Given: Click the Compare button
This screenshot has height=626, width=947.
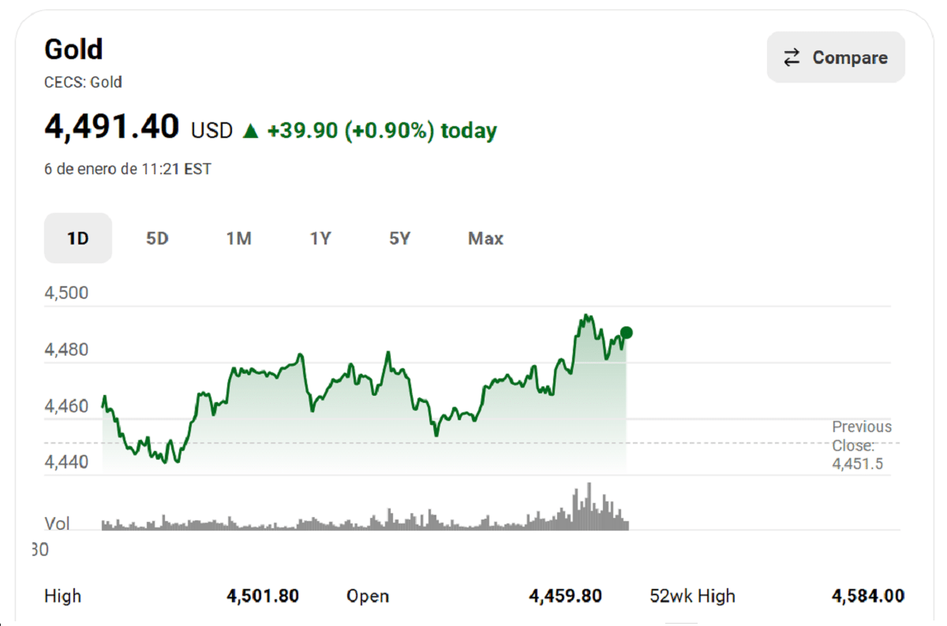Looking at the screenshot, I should tap(836, 58).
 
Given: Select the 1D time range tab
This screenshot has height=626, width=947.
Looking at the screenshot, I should tap(77, 238).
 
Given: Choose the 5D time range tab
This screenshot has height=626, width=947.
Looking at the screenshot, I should tap(158, 238).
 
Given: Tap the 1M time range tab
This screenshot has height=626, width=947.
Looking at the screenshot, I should tap(238, 238).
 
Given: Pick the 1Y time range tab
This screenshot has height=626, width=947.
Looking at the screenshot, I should tap(320, 238).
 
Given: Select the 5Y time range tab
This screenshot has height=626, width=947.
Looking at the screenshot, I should tap(400, 238).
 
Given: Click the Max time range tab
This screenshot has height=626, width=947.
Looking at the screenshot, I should tap(485, 238).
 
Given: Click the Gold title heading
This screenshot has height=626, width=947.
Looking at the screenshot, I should tap(73, 50).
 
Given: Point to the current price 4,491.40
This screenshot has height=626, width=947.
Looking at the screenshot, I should tap(112, 127).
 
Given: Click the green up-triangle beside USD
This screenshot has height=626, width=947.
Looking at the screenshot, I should tap(250, 131).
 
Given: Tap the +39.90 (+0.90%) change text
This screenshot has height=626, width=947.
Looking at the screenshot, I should tap(350, 131).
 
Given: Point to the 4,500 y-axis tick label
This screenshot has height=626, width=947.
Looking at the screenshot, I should tap(66, 293).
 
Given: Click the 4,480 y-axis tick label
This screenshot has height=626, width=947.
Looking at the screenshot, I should tap(66, 349).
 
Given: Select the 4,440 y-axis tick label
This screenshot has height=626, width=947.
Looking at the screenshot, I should tap(66, 462).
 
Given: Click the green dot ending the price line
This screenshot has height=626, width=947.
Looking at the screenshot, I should tap(627, 333).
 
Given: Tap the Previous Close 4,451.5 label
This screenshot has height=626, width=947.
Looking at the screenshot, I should tap(861, 445).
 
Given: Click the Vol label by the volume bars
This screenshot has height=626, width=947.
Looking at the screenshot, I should tap(57, 524).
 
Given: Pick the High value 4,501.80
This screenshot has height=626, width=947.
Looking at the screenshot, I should tap(263, 596).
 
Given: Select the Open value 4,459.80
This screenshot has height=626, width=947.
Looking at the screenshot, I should tap(565, 596).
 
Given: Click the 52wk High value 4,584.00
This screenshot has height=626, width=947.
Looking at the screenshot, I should tap(868, 596).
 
